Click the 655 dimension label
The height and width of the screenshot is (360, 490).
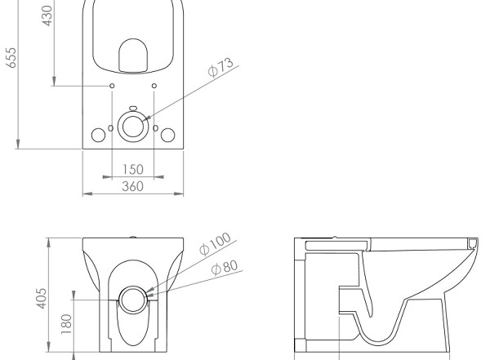[11, 57]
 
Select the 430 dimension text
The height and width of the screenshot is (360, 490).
[47, 16]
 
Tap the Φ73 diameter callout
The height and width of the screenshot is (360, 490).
[220, 67]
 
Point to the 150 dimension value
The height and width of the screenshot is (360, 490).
[133, 169]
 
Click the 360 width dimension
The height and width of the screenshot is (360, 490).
[133, 186]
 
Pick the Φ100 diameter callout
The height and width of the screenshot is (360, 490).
[215, 244]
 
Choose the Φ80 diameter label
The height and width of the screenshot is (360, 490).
[225, 268]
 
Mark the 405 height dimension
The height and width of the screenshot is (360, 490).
[42, 299]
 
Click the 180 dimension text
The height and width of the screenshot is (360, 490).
[66, 324]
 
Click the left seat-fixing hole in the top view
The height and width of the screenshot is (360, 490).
[112, 86]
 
